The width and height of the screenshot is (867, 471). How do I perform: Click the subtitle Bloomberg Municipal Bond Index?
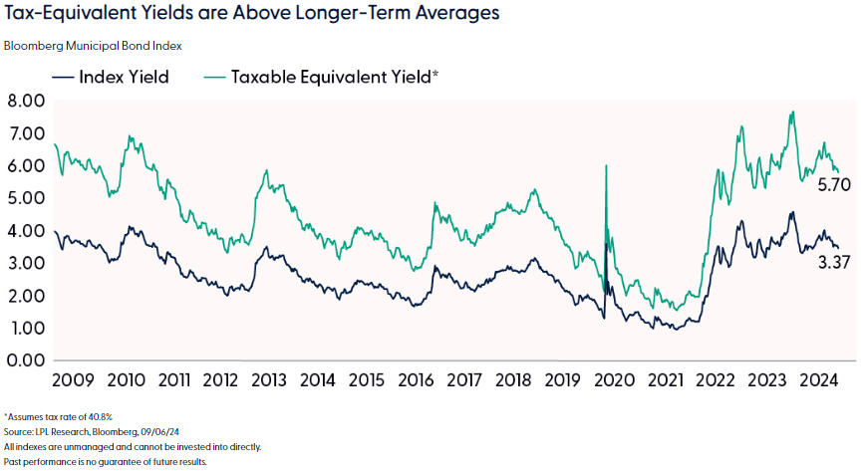point(93,46)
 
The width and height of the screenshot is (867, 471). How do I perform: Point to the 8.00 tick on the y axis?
point(27,101)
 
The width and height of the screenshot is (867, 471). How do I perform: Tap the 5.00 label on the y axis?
point(27,198)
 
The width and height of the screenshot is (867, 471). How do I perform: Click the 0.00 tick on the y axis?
point(27,360)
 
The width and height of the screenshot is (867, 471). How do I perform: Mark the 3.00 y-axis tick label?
point(27,263)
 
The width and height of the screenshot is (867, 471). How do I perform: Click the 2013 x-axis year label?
point(270,380)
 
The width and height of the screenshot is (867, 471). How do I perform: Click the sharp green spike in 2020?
point(606,166)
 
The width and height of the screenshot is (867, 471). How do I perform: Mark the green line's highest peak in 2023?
point(791,113)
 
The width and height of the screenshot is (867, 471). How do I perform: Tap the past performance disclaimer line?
point(105,462)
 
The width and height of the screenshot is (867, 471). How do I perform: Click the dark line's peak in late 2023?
point(791,212)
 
